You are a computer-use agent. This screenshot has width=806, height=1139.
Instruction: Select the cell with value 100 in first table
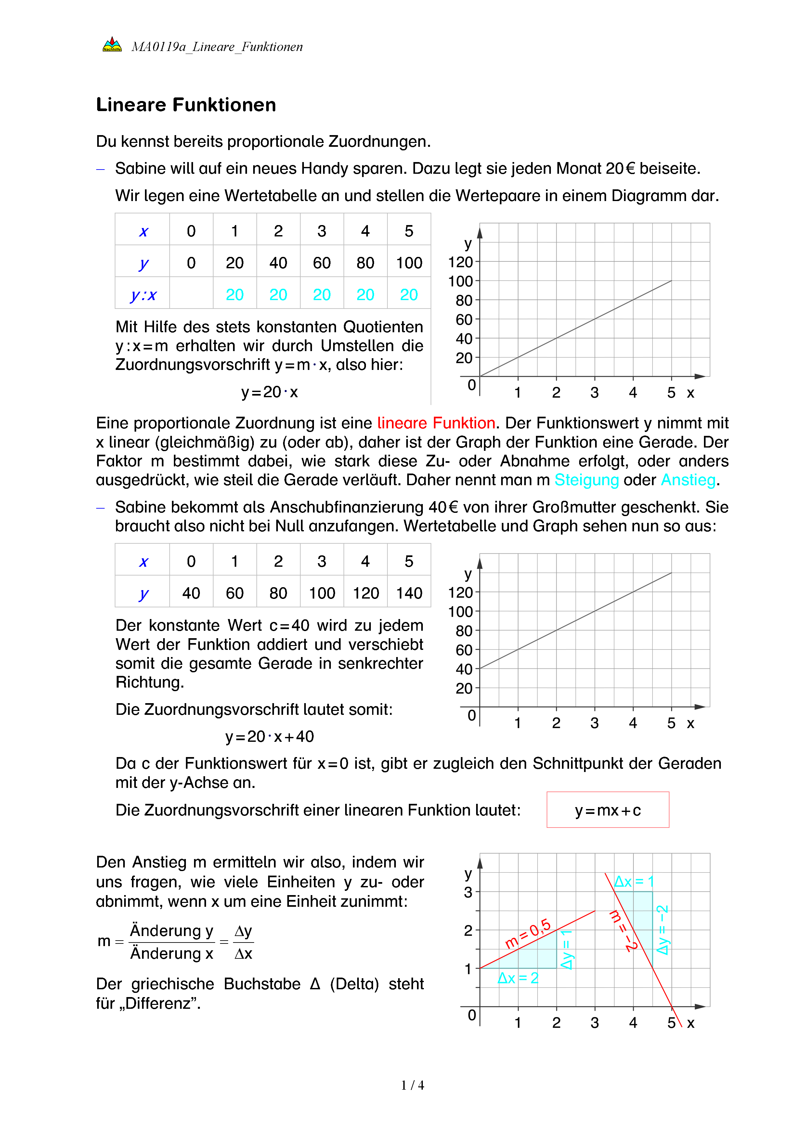pos(409,263)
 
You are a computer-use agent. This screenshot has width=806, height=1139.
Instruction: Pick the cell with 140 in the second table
pos(409,593)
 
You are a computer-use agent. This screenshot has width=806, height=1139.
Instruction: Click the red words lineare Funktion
pos(436,423)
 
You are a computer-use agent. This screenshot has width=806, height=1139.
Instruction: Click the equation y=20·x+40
pos(269,737)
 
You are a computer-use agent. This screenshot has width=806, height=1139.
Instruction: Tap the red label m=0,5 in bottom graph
pos(528,934)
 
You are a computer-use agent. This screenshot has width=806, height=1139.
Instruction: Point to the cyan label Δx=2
pos(518,978)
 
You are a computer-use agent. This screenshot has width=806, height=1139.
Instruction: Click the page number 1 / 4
pos(412,1085)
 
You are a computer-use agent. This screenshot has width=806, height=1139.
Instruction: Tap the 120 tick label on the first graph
pos(460,262)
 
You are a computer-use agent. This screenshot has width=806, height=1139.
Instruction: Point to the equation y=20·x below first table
pos(269,392)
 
